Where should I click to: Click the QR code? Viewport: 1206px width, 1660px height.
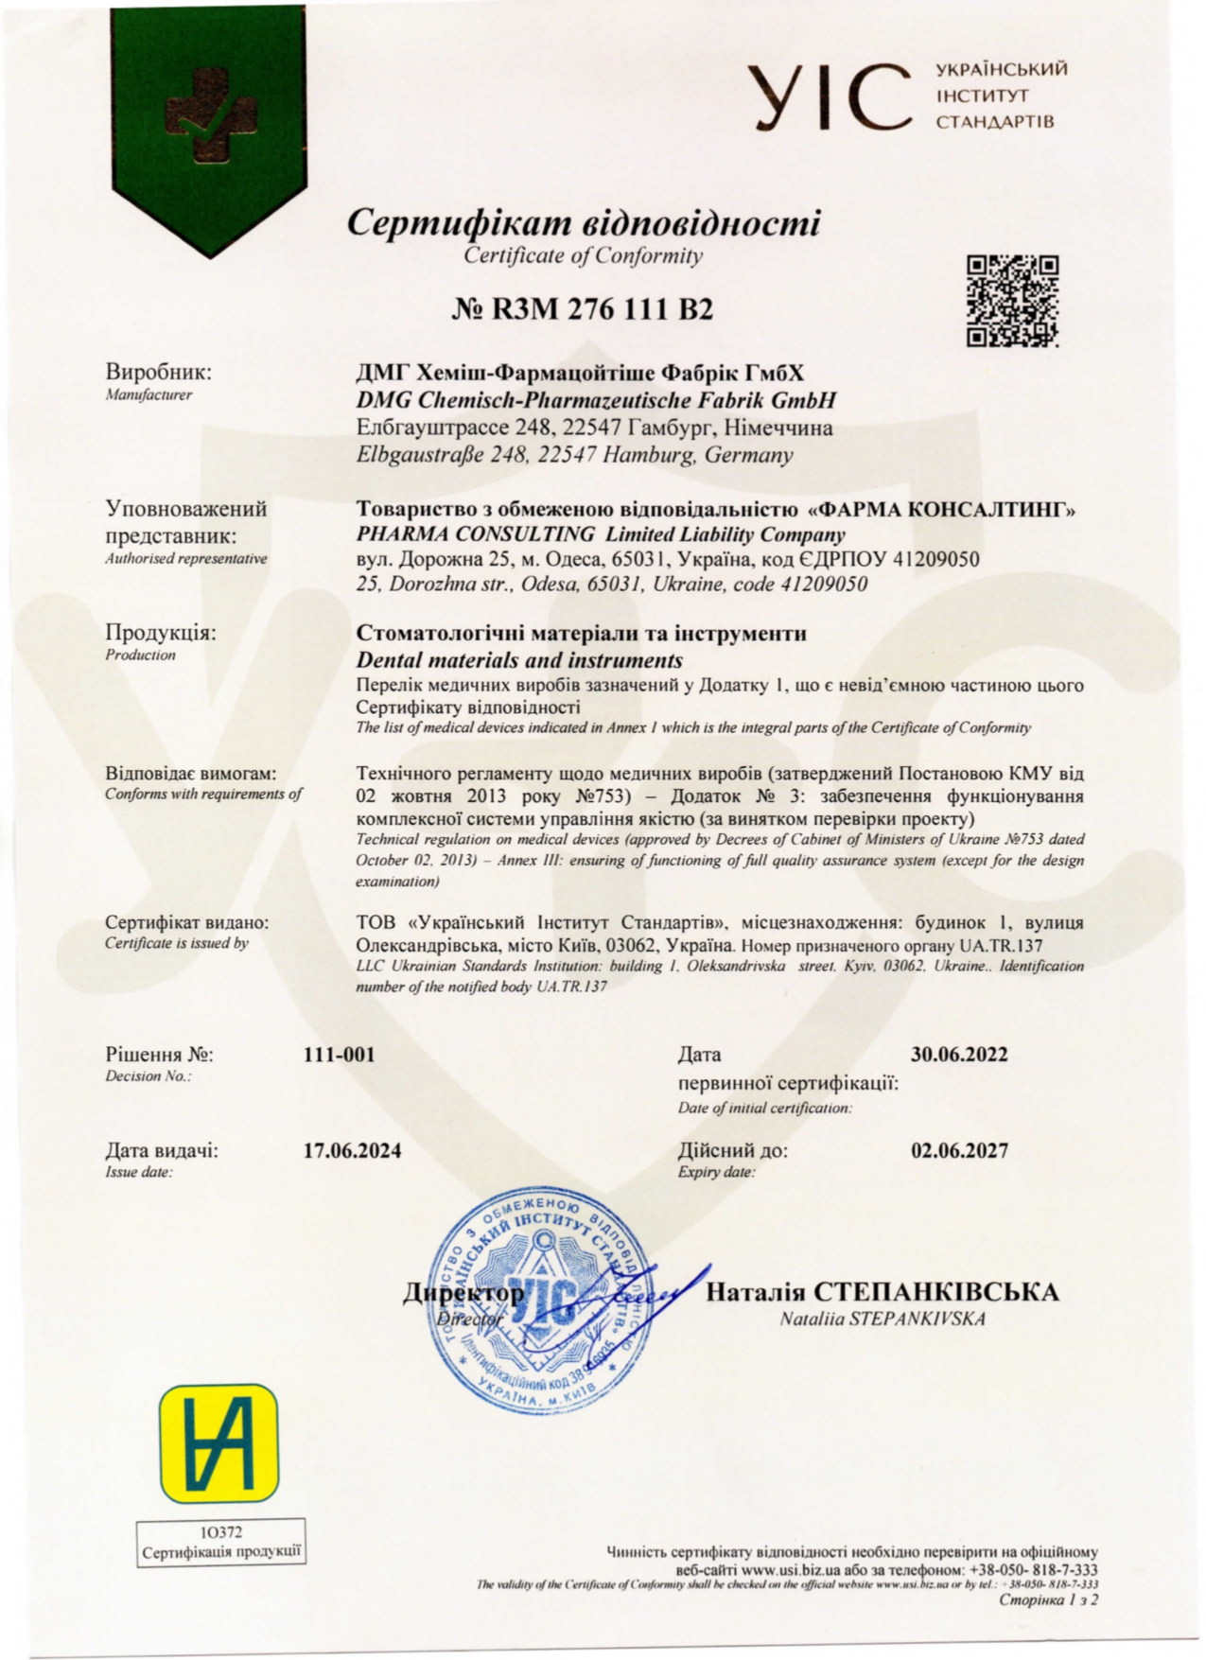click(1012, 301)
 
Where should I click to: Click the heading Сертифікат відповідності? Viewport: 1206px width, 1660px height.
click(583, 223)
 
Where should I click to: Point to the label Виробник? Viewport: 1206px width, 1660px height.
click(158, 372)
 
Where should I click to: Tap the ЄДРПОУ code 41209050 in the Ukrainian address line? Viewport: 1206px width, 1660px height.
click(935, 559)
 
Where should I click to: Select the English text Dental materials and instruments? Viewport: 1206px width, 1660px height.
click(519, 659)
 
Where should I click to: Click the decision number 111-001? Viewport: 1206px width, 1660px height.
click(339, 1055)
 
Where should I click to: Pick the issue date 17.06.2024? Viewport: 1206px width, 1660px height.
click(352, 1150)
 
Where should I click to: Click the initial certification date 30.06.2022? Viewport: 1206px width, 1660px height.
click(959, 1055)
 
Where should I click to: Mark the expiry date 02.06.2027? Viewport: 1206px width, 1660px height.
click(959, 1150)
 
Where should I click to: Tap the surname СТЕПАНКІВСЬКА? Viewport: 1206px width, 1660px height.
click(936, 1292)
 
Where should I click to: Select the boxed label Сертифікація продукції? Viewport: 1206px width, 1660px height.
click(221, 1553)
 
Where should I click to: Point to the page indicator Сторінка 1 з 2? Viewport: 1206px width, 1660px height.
click(1048, 1600)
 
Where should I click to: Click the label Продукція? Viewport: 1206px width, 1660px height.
click(160, 633)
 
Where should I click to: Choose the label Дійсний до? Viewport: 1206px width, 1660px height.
click(732, 1150)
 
